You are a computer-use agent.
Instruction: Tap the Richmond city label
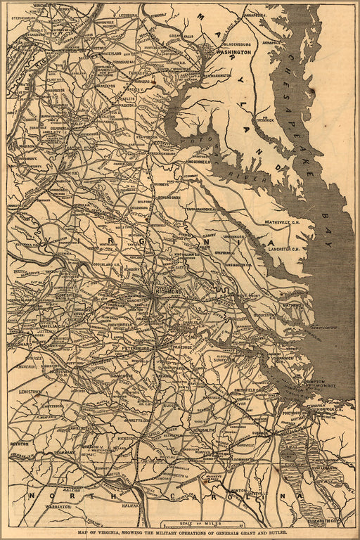click(x=169, y=290)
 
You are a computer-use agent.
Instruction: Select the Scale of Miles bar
click(x=202, y=524)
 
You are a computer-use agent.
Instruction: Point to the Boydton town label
click(x=19, y=444)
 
